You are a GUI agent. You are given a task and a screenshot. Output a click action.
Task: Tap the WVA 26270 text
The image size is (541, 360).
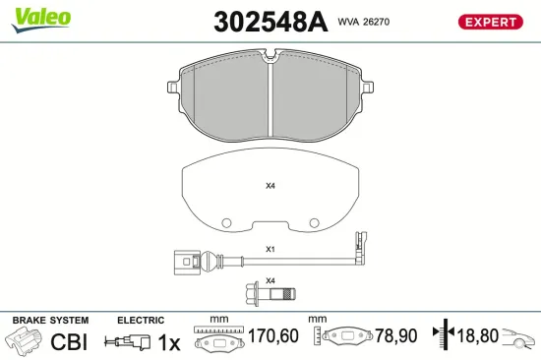click(365, 20)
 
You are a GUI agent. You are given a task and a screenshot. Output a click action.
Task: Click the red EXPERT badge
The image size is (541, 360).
click(489, 21)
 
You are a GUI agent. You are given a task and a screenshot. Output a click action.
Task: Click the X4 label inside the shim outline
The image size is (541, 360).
click(270, 185)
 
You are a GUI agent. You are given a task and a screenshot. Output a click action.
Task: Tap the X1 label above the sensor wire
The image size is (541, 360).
click(270, 249)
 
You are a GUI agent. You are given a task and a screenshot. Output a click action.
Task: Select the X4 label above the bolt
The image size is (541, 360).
click(270, 280)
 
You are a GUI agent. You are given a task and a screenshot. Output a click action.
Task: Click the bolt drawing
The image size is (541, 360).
click(270, 293)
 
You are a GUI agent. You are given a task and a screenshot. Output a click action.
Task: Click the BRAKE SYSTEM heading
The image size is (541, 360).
click(49, 321)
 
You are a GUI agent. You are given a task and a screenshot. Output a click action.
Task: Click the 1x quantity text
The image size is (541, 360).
click(169, 341)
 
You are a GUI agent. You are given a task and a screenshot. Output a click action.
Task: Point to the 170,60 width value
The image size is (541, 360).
click(270, 337)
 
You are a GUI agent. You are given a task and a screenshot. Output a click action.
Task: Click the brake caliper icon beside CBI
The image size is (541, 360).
click(26, 341)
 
